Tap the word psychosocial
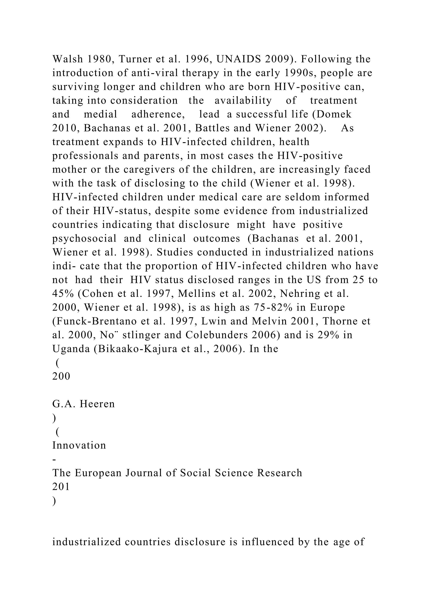pos(84,238)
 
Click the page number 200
pos(61,376)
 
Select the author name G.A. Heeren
pos(83,404)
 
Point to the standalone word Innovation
pos(79,445)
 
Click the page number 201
pos(61,487)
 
